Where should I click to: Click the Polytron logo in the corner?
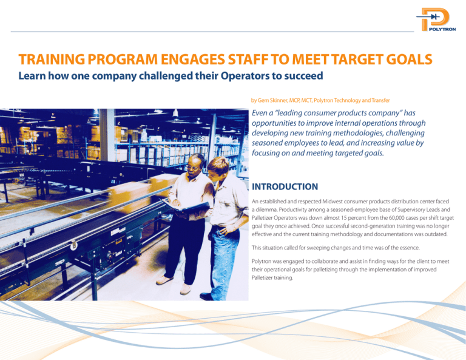(x=436, y=22)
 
